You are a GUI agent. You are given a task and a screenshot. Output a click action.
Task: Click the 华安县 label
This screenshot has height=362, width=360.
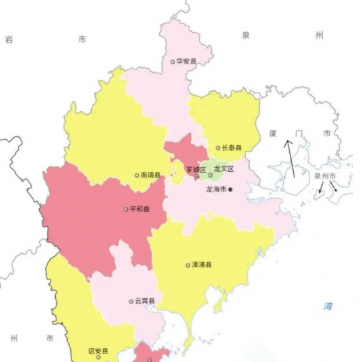point(187,62)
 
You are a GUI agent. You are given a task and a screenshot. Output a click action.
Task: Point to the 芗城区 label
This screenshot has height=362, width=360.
point(196,170)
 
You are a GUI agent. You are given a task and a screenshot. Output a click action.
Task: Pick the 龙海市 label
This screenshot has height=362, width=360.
point(216,189)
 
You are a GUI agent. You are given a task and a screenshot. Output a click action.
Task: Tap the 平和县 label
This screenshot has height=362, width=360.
point(140,210)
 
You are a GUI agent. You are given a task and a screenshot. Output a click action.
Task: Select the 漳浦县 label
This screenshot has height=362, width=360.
point(201,266)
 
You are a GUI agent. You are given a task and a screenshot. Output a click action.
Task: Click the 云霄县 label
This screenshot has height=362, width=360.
point(145,301)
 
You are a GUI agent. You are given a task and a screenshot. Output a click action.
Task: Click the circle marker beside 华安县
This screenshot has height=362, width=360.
point(173,62)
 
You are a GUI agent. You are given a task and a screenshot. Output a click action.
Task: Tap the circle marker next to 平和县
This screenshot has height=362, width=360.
point(126,210)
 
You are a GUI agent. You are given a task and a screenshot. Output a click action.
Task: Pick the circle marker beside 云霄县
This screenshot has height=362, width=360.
point(131,302)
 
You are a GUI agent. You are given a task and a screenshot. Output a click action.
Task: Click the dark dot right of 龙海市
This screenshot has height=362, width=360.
point(230,189)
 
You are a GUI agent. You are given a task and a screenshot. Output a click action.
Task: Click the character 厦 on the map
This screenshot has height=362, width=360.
point(273,133)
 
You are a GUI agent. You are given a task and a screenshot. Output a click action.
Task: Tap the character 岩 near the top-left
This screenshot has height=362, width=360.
point(9,39)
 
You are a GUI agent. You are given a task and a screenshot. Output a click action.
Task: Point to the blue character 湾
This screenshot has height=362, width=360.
point(329,306)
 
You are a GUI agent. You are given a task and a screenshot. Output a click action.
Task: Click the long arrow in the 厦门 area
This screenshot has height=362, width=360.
point(289,157)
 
